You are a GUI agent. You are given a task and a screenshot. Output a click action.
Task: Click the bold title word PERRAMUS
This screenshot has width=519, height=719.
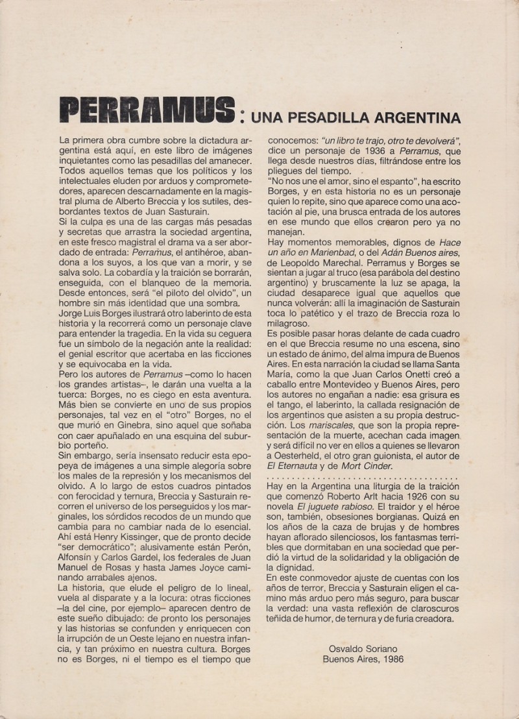(145, 112)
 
